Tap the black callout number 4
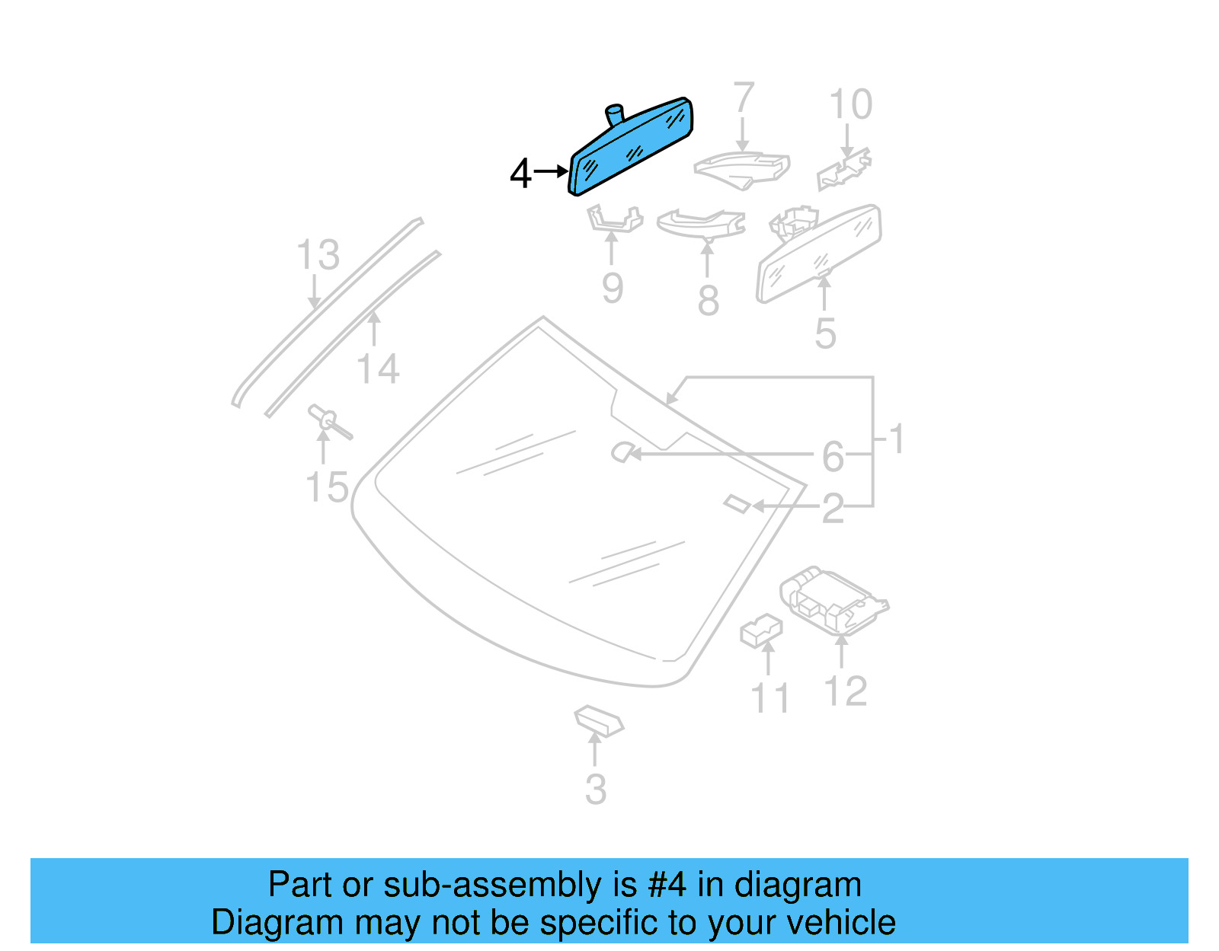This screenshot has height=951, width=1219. (x=520, y=174)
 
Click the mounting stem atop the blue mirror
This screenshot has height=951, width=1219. (x=614, y=115)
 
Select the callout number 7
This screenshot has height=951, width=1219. (x=744, y=99)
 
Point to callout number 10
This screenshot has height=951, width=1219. (x=850, y=105)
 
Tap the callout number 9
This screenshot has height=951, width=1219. (x=612, y=289)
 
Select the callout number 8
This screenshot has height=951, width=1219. (x=708, y=301)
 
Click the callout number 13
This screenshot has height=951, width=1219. (x=318, y=255)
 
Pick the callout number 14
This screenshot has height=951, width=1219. (x=378, y=369)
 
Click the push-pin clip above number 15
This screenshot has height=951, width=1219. (x=328, y=421)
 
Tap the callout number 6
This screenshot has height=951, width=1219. (x=833, y=457)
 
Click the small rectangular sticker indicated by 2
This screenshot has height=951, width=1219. (x=737, y=503)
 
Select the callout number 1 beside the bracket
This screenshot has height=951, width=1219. (x=897, y=439)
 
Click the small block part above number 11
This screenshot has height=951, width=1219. (x=761, y=631)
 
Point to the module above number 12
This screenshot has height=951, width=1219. (x=832, y=600)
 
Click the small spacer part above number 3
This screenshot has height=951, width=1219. (x=598, y=720)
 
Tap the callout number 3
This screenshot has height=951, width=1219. (x=596, y=790)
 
